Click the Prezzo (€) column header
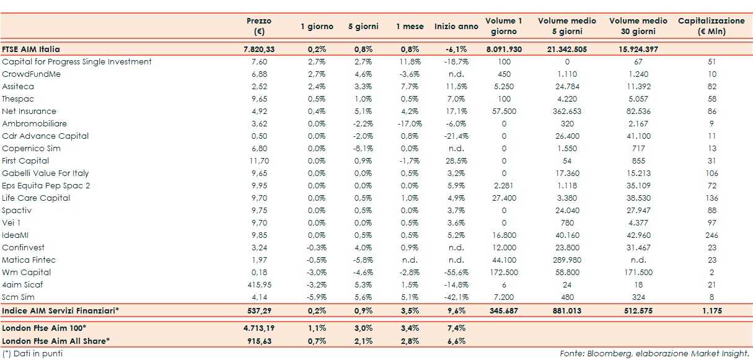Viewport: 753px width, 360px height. [258, 26]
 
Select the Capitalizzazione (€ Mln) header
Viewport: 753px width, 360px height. [711, 26]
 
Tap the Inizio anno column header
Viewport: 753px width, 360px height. [456, 27]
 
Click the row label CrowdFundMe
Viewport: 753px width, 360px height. [31, 74]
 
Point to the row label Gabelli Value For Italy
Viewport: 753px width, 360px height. [45, 173]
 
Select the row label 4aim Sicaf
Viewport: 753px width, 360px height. [22, 284]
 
